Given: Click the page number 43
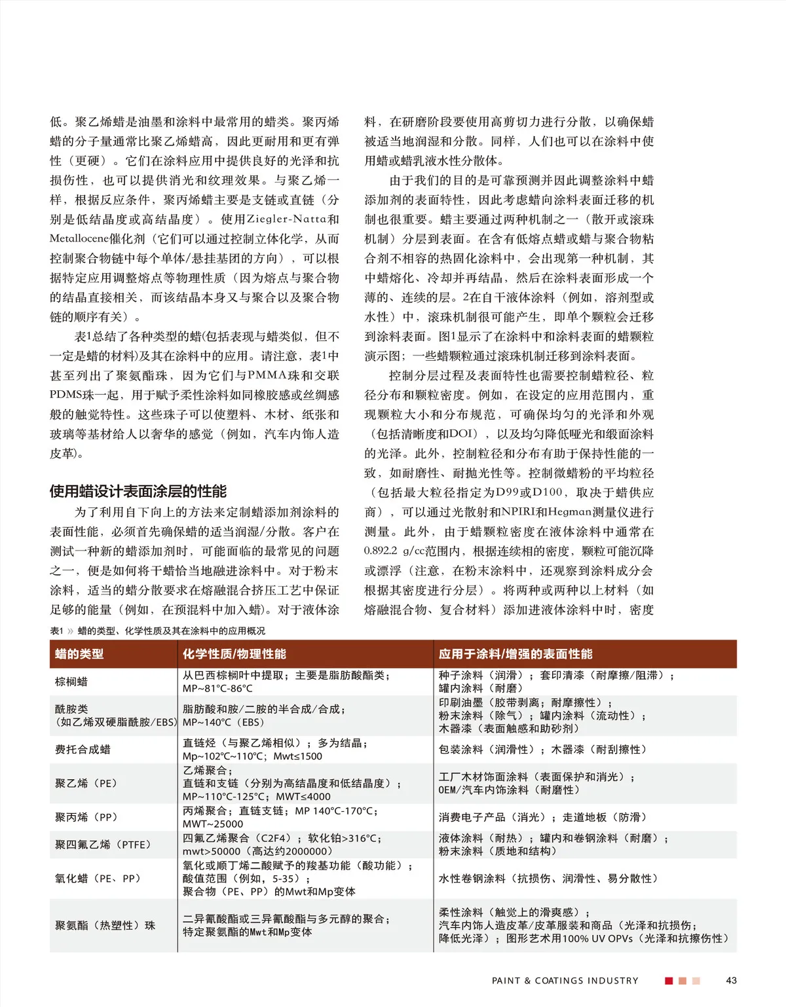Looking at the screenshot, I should pyautogui.click(x=731, y=980).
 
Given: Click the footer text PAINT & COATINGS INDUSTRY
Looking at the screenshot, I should pyautogui.click(x=565, y=981).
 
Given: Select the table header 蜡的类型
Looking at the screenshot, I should pyautogui.click(x=79, y=654).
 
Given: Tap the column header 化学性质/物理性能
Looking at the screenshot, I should pyautogui.click(x=234, y=654).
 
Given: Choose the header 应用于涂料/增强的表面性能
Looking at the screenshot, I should pyautogui.click(x=515, y=654).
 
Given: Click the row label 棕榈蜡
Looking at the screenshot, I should pyautogui.click(x=71, y=682).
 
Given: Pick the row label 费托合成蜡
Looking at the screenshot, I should pyautogui.click(x=83, y=750).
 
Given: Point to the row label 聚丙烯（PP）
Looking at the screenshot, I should pyautogui.click(x=86, y=817).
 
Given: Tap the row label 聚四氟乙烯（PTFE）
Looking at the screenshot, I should pyautogui.click(x=103, y=845).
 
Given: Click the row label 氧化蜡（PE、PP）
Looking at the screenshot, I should pyautogui.click(x=98, y=879).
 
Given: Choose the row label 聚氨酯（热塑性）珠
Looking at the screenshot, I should pyautogui.click(x=105, y=926).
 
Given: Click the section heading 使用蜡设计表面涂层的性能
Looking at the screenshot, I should pyautogui.click(x=138, y=492).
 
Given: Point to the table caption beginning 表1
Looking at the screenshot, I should pyautogui.click(x=158, y=631).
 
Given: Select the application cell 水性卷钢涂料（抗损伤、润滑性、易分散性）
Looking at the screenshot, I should pyautogui.click(x=548, y=879).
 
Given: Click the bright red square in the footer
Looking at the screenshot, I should pyautogui.click(x=669, y=981).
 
